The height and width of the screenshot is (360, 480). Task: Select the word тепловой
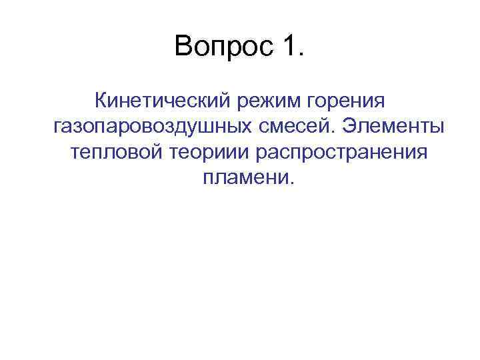pyautogui.click(x=112, y=152)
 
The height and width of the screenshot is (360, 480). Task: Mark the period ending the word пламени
pyautogui.click(x=290, y=183)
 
